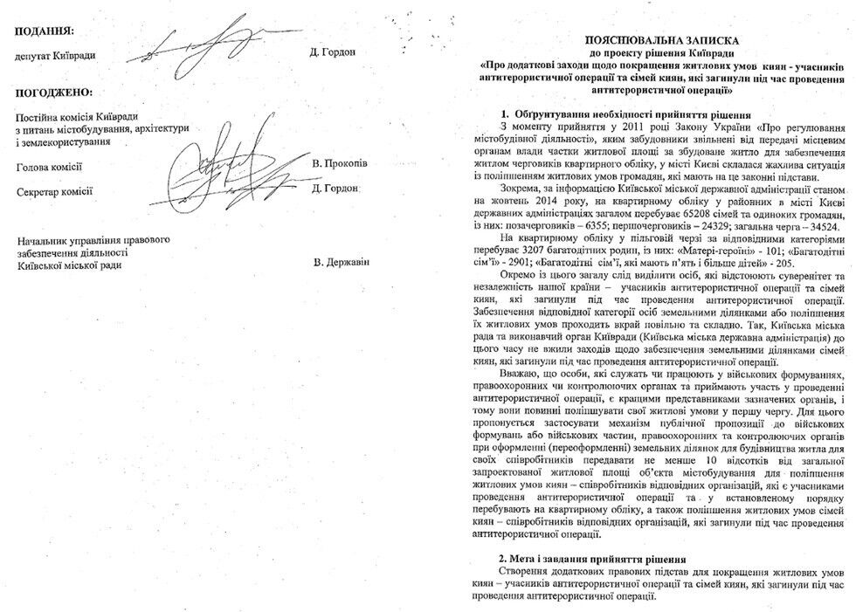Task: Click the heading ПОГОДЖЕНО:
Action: click(53, 92)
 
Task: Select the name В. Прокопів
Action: click(340, 164)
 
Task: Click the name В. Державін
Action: click(342, 262)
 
